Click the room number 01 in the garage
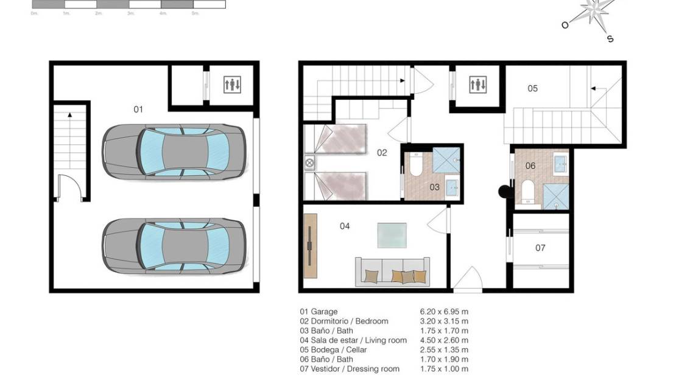pos(138,110)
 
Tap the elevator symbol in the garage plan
pos(232,85)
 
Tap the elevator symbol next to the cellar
pos(478,85)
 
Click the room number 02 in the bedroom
pos(382,153)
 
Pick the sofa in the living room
pos(392,271)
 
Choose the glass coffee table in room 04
pos(392,236)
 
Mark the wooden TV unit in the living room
pos(310,245)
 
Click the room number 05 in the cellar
pos(532,89)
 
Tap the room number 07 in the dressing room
pos(540,248)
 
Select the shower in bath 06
pos(556,197)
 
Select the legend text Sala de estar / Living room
pos(353,340)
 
